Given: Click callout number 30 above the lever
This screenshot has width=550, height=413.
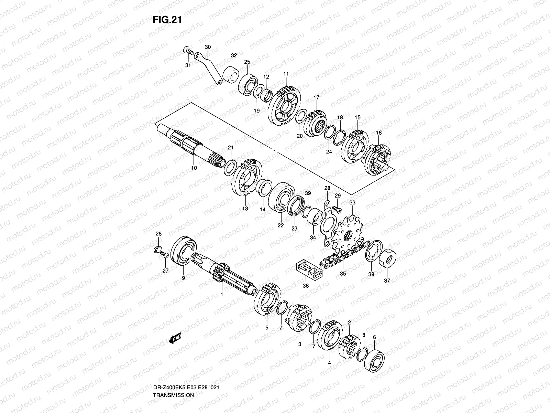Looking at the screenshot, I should tap(208, 47).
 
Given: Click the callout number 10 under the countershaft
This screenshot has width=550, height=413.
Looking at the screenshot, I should tap(194, 168).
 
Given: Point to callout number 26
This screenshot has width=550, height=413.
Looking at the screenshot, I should tap(158, 234).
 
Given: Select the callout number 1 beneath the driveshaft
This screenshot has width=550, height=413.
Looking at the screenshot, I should tap(222, 294).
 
